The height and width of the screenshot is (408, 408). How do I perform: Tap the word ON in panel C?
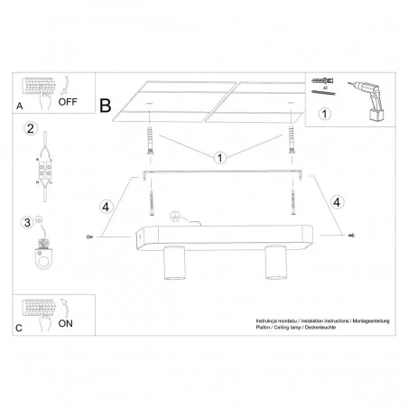click(67, 321)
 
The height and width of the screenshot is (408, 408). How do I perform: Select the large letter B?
click(106, 106)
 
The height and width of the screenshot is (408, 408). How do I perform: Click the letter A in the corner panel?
click(21, 106)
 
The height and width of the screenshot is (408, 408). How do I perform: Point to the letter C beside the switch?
click(21, 325)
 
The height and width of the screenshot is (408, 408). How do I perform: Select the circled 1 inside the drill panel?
click(327, 115)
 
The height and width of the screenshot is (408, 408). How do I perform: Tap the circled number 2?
click(30, 129)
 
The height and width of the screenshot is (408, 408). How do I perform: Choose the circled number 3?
click(28, 223)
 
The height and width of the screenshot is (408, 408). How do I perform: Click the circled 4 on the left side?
click(106, 206)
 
